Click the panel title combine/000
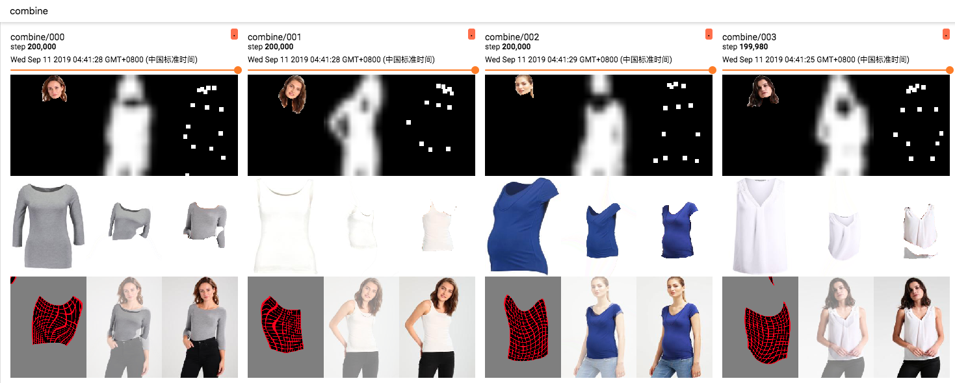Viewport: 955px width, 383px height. pyautogui.click(x=38, y=37)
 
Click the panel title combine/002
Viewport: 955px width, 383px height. pyautogui.click(x=512, y=37)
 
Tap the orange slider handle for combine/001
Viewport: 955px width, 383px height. pyautogui.click(x=475, y=70)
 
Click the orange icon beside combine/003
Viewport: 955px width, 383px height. pyautogui.click(x=946, y=34)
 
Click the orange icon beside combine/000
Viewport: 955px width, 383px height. pyautogui.click(x=235, y=34)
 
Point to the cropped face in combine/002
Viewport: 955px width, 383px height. pyautogui.click(x=525, y=86)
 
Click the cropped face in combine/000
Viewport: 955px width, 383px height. pyautogui.click(x=55, y=88)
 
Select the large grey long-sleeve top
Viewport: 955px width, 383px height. pyautogui.click(x=48, y=225)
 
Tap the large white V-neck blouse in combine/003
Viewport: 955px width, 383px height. pyautogui.click(x=760, y=225)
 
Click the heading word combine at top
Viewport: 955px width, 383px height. pyautogui.click(x=29, y=11)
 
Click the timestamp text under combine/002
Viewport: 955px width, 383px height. pyautogui.click(x=578, y=60)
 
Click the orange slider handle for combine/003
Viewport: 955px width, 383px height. pyautogui.click(x=949, y=70)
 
